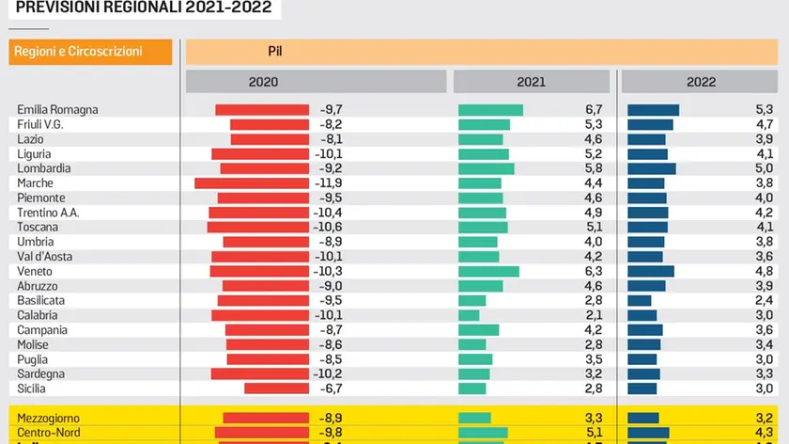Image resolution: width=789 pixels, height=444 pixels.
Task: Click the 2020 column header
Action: tap(263, 82)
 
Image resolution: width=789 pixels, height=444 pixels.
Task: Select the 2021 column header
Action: tap(531, 82)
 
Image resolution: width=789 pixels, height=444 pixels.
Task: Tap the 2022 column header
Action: tap(701, 82)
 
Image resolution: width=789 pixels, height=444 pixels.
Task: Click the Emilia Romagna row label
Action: tap(57, 110)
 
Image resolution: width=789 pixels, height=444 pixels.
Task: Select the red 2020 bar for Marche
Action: tap(252, 183)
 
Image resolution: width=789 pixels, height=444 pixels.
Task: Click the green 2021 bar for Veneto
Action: tap(488, 271)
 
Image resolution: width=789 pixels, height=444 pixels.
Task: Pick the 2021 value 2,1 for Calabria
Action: tap(593, 315)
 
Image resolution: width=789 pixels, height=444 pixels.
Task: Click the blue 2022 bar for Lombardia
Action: tap(651, 168)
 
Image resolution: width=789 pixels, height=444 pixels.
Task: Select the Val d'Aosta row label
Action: tap(45, 257)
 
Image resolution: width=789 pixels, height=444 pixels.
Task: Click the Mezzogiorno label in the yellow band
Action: tap(49, 418)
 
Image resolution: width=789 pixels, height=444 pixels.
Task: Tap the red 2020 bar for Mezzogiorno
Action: tap(266, 418)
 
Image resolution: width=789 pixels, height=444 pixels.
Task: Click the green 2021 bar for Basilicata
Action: tap(472, 300)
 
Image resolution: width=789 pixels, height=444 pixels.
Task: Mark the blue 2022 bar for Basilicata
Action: tap(639, 300)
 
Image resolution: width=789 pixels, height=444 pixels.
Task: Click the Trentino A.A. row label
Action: tap(48, 213)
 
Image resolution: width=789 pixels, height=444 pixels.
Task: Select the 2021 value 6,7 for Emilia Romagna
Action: tap(593, 110)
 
